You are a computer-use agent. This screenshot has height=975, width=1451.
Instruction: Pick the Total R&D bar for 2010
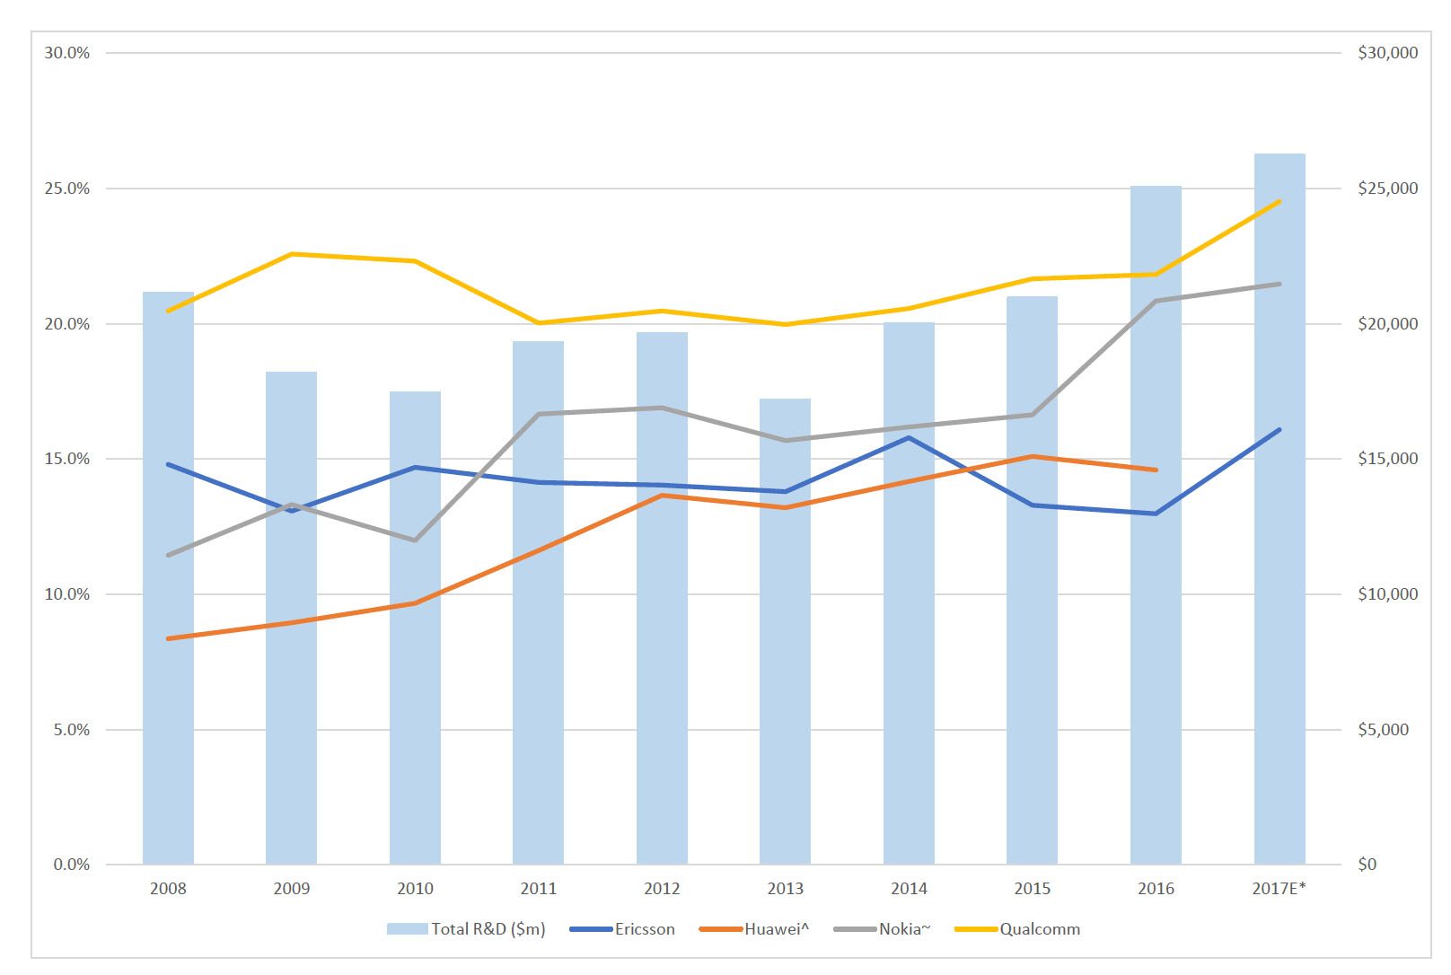(415, 628)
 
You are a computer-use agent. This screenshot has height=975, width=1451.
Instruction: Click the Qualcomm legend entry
(1039, 929)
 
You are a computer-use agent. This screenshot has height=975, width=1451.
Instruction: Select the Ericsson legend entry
(644, 929)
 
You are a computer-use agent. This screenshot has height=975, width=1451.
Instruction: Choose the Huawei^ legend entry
(776, 929)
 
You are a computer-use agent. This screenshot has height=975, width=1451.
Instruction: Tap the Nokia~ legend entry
(903, 929)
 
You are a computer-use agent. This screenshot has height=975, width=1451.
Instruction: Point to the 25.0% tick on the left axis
(67, 189)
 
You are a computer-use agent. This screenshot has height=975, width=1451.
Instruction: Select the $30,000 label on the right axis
(1387, 53)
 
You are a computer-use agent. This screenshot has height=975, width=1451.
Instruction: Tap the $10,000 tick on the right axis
(1387, 594)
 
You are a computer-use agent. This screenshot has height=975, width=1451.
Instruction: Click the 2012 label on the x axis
(662, 889)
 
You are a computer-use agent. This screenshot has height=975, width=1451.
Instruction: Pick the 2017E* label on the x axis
(1279, 889)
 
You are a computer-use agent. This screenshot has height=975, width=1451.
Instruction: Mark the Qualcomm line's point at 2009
(292, 254)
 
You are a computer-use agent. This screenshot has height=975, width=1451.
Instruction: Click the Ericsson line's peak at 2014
(909, 438)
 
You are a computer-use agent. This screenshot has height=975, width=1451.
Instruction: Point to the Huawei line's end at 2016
(1156, 470)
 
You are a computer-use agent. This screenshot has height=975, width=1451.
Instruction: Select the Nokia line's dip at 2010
(415, 540)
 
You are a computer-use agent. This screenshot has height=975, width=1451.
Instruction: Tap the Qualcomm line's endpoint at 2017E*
(1279, 202)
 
